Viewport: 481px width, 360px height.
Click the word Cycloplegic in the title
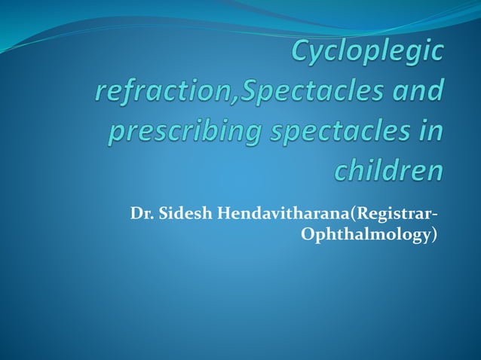(x=367, y=53)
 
